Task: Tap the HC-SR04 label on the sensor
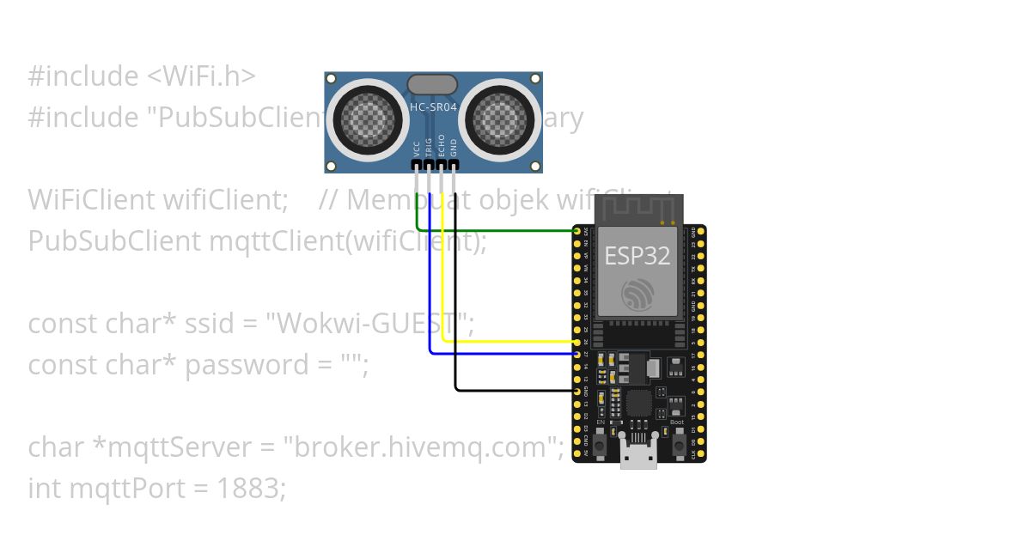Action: [x=434, y=107]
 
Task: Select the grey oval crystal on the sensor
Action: [x=431, y=83]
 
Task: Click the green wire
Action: [x=498, y=230]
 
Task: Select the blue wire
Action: [x=498, y=353]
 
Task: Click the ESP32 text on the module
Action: [x=637, y=256]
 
